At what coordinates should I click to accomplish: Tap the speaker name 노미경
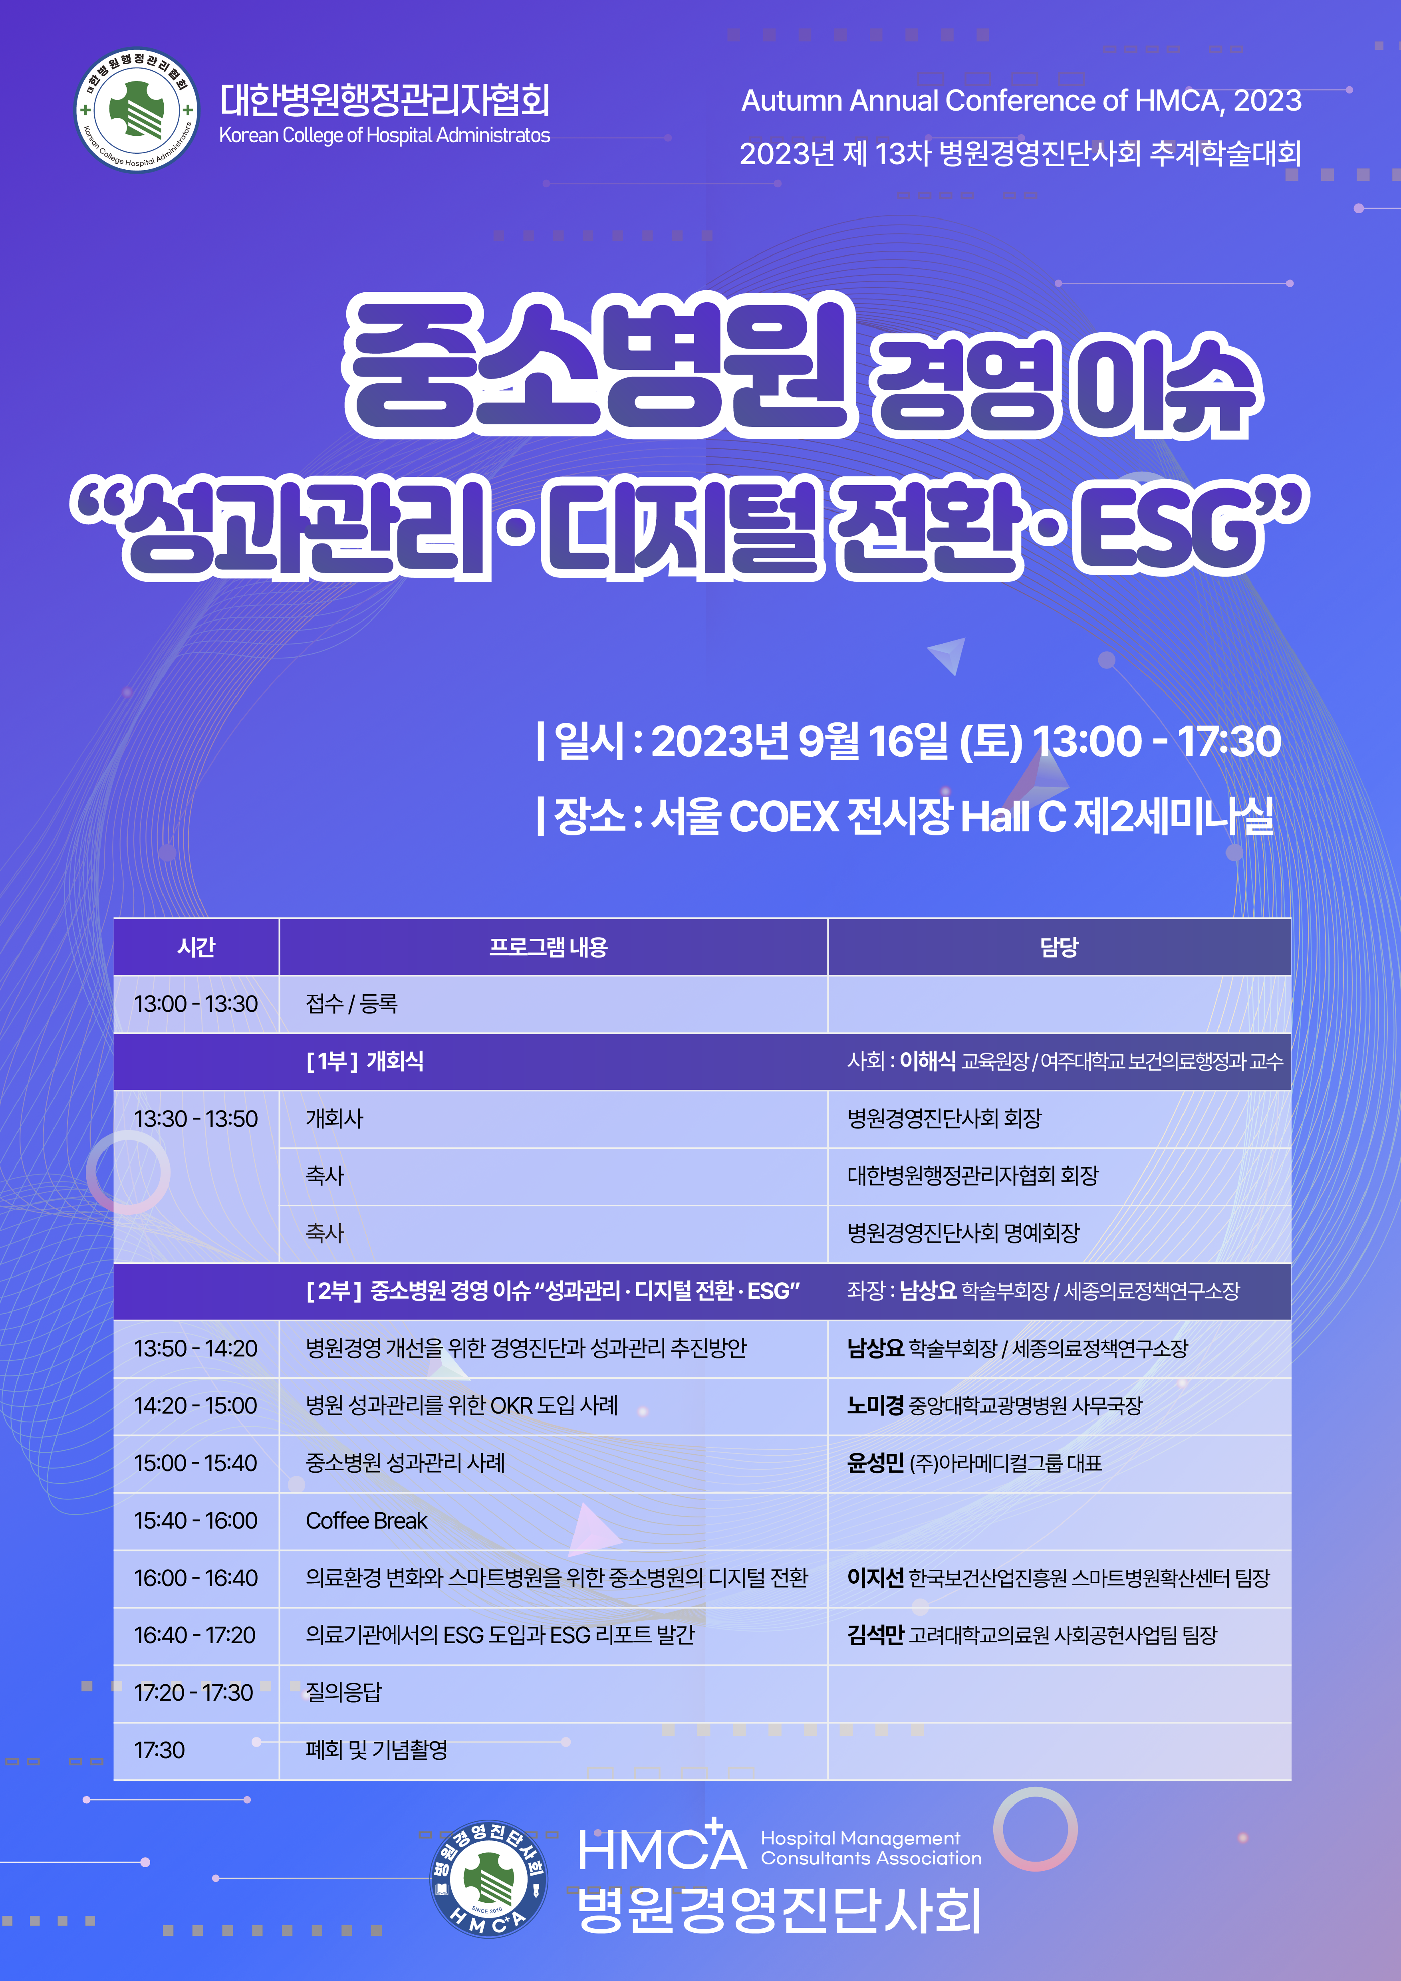875,1406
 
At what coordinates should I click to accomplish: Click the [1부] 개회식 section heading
365,1061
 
